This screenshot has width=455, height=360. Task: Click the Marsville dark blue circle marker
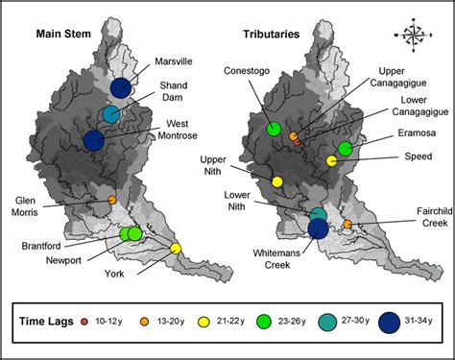[x=120, y=88]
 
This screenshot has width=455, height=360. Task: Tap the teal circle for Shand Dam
[x=111, y=115]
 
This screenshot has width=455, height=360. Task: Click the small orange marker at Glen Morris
[x=111, y=200]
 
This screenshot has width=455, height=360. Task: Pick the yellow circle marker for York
[x=176, y=249]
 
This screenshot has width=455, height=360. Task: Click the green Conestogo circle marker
[x=275, y=129]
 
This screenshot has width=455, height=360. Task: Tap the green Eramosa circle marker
[x=345, y=149]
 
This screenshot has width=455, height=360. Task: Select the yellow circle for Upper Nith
[x=277, y=181]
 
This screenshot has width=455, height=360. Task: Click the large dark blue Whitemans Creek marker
[x=318, y=228]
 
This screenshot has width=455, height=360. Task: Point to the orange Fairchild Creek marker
[x=347, y=224]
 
